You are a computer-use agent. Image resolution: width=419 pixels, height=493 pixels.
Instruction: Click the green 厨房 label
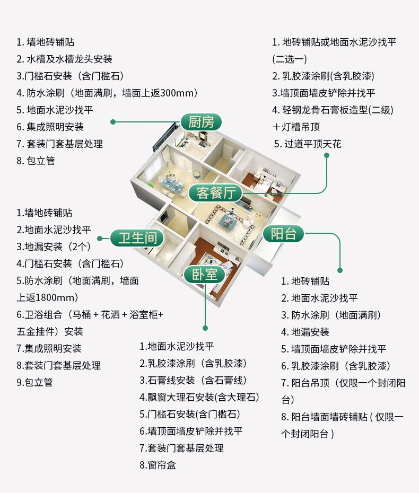pyautogui.click(x=201, y=122)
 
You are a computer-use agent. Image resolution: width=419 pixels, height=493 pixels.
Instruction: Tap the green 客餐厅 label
pyautogui.click(x=215, y=192)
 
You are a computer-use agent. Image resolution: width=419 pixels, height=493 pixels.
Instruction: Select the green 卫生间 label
pyautogui.click(x=137, y=238)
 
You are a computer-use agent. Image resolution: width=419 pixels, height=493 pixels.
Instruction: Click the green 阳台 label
pyautogui.click(x=283, y=233)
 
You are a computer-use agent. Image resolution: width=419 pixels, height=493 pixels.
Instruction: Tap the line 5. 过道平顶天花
pyautogui.click(x=308, y=144)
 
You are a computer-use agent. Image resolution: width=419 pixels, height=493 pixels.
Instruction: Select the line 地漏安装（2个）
pyautogui.click(x=54, y=247)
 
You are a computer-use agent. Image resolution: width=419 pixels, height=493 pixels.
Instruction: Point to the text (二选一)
pyautogui.click(x=290, y=59)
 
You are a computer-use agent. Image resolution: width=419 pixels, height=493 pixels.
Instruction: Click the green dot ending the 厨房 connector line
pyautogui.click(x=112, y=122)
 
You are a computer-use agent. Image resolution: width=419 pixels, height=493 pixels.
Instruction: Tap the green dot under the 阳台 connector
pyautogui.click(x=340, y=270)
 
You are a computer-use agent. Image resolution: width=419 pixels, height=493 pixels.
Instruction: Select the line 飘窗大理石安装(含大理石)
pyautogui.click(x=199, y=397)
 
